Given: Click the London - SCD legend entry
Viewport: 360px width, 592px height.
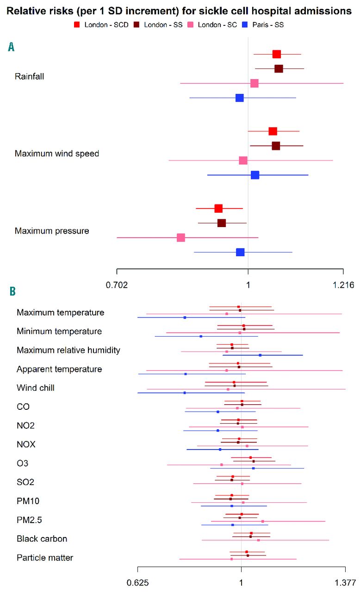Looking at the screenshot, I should click(102, 25).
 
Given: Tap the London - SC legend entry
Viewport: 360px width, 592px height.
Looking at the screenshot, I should click(212, 25).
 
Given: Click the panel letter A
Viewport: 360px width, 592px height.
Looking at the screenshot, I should click(11, 47).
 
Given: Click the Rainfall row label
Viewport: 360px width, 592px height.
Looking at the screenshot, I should click(30, 76).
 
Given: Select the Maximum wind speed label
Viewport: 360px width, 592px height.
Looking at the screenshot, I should click(57, 154).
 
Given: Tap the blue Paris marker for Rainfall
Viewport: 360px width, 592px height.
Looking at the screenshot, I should click(239, 98).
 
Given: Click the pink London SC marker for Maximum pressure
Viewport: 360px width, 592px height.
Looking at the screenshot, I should click(181, 238).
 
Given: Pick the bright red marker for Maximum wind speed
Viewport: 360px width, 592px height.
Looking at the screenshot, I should click(273, 131).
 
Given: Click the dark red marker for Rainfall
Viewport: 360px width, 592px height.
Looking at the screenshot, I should click(279, 69).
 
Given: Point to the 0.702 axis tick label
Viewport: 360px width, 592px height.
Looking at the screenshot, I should click(117, 285).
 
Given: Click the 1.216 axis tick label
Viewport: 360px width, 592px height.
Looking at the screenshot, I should click(343, 285).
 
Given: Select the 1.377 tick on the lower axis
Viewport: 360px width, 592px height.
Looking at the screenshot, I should click(345, 582).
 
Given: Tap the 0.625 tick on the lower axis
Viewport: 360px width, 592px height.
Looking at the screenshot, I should click(138, 582).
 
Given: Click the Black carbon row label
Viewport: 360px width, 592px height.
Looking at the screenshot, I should click(42, 539).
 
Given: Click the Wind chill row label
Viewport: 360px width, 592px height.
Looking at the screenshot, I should click(36, 388).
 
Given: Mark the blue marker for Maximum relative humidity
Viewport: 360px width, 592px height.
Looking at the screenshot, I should click(260, 355).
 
